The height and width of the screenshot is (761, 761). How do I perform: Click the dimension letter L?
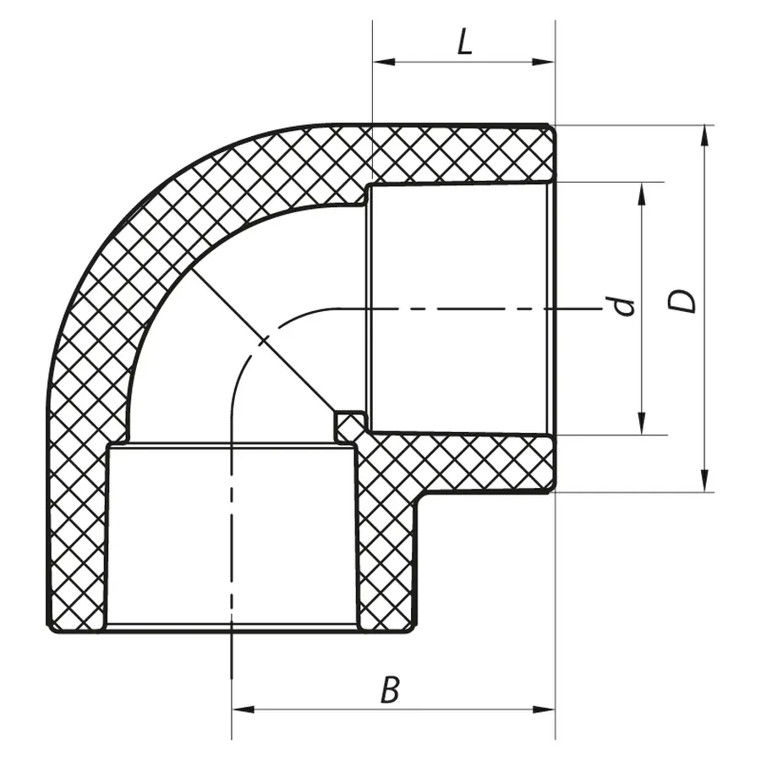click(464, 42)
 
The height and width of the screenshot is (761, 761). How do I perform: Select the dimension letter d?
click(624, 305)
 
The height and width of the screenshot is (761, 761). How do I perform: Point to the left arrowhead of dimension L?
click(380, 62)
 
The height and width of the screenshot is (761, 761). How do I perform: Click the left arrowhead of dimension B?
click(239, 709)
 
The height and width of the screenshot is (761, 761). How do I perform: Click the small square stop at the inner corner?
click(349, 424)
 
